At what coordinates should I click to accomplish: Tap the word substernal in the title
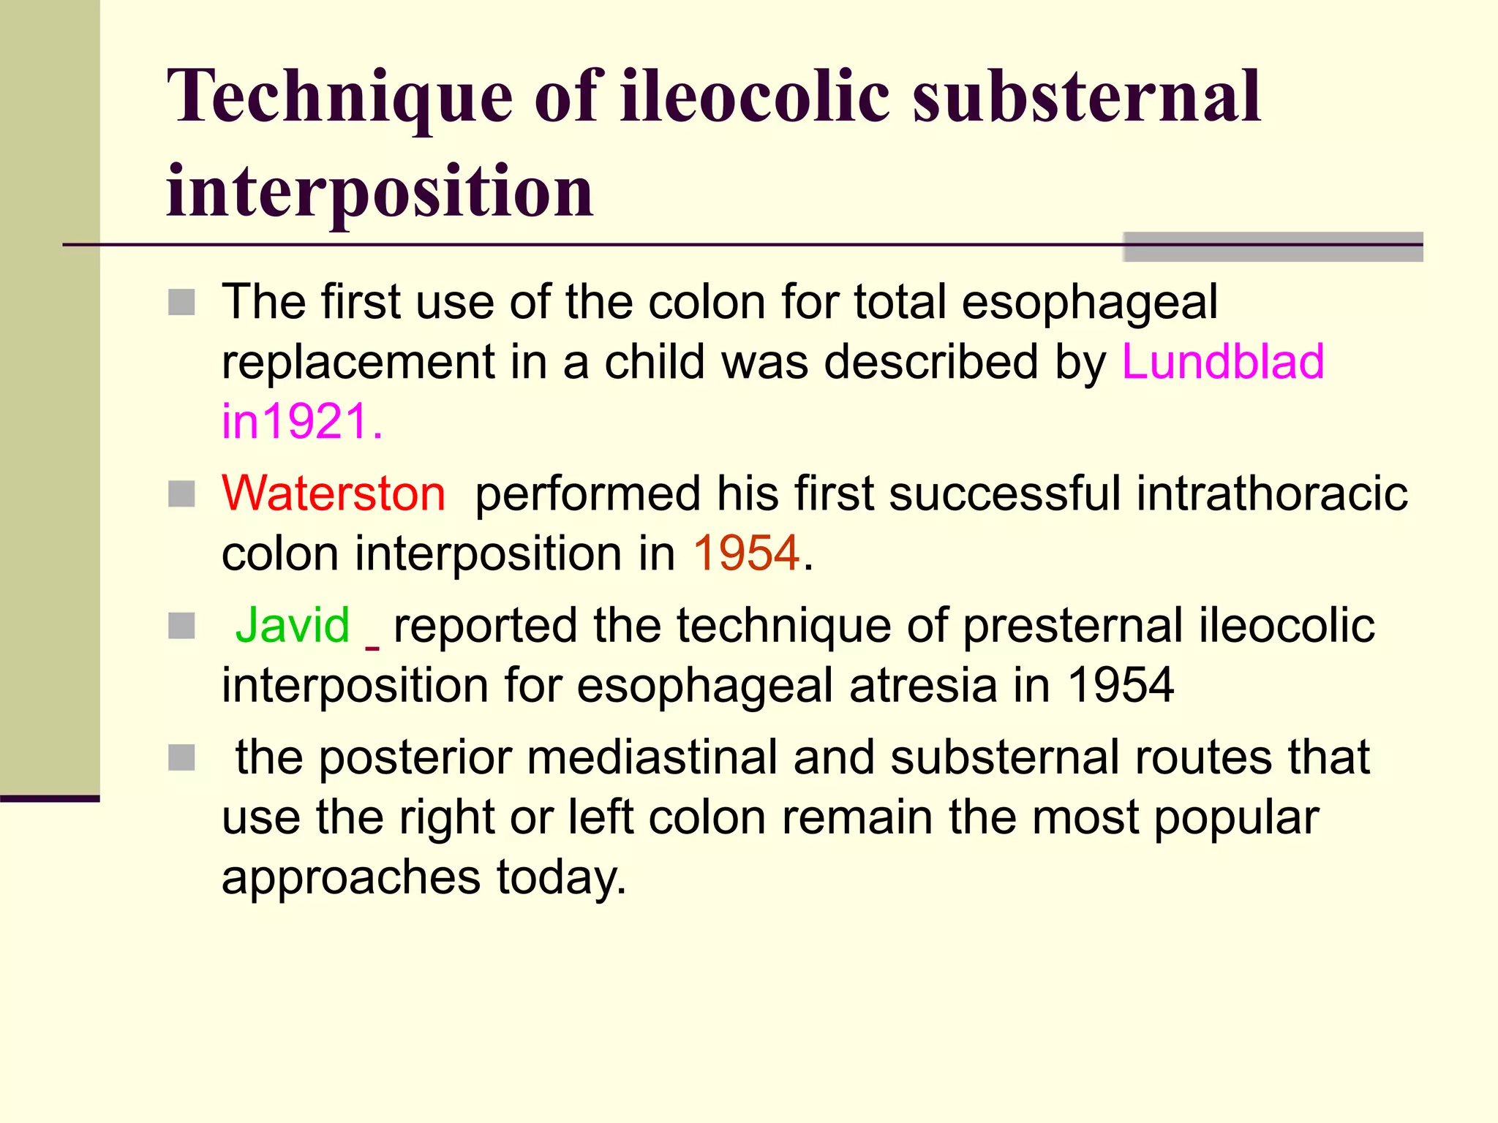pyautogui.click(x=1086, y=97)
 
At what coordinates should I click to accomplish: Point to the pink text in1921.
pyautogui.click(x=301, y=422)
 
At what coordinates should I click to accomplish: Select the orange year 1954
pyautogui.click(x=746, y=553)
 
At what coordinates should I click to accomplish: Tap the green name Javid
pyautogui.click(x=293, y=626)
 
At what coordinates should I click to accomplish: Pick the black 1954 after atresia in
pyautogui.click(x=1121, y=686)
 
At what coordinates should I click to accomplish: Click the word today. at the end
pyautogui.click(x=561, y=877)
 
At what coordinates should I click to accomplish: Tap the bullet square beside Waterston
pyautogui.click(x=181, y=494)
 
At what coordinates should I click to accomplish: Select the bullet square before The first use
pyautogui.click(x=181, y=302)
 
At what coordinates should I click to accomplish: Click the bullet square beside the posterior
pyautogui.click(x=181, y=758)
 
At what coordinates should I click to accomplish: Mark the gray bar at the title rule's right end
pyautogui.click(x=1273, y=247)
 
